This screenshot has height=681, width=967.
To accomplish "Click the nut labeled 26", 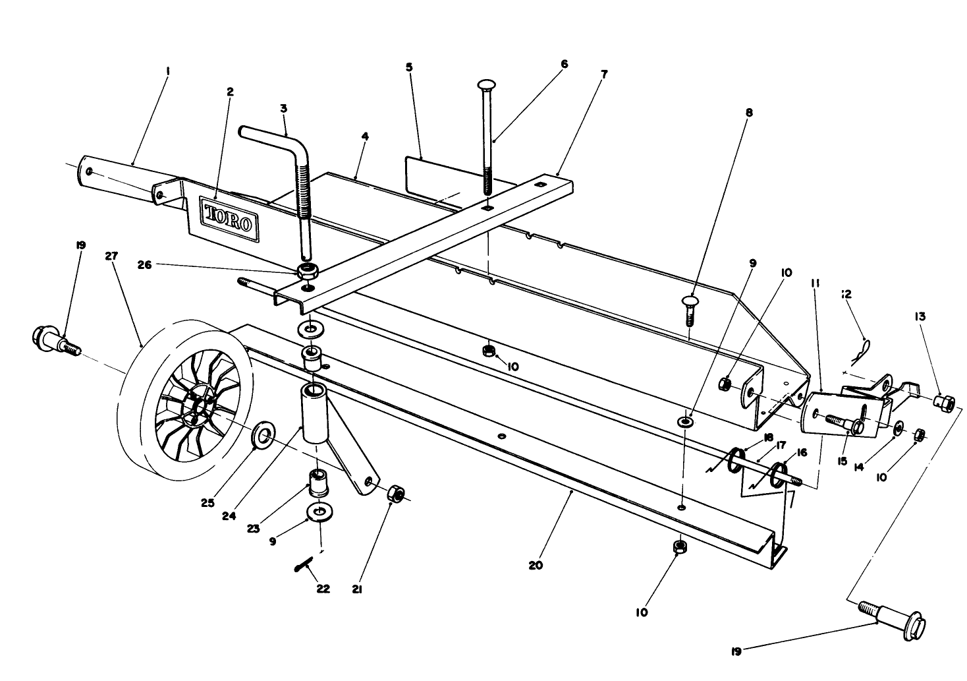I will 308,270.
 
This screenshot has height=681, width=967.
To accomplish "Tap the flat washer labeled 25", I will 265,435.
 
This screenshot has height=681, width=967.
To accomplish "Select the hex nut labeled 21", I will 396,493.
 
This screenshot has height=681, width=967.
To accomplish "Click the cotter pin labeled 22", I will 304,565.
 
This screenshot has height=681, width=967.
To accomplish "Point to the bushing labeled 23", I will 319,484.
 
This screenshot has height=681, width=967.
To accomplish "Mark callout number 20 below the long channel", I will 536,565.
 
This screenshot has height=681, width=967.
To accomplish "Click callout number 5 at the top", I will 409,67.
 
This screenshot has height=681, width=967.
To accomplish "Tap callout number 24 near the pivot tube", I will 229,516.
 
